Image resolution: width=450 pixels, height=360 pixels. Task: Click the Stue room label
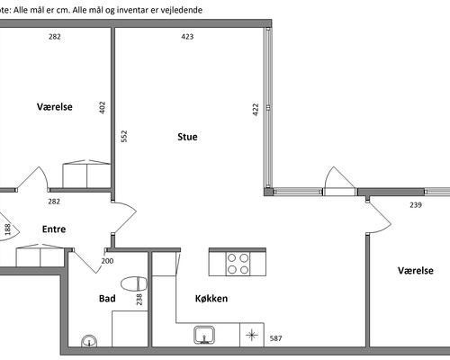pyautogui.click(x=187, y=137)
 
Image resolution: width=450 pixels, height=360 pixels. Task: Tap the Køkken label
pyautogui.click(x=211, y=299)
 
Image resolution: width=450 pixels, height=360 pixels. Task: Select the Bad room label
pyautogui.click(x=107, y=299)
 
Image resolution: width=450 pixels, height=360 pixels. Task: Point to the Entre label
pyautogui.click(x=54, y=229)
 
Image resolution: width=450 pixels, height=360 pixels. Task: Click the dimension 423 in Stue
pyautogui.click(x=187, y=37)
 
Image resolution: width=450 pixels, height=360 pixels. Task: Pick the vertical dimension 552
pyautogui.click(x=123, y=136)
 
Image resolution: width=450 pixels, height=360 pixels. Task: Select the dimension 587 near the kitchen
pyautogui.click(x=275, y=338)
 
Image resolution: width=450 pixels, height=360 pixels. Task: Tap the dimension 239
pyautogui.click(x=416, y=205)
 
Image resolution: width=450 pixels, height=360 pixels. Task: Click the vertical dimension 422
pyautogui.click(x=256, y=110)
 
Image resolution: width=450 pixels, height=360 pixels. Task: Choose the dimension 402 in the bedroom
pyautogui.click(x=103, y=107)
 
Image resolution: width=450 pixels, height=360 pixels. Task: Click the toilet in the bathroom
pyautogui.click(x=134, y=283)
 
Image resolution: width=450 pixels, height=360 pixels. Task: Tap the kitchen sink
pyautogui.click(x=204, y=335)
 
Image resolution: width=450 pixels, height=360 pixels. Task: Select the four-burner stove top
pyautogui.click(x=238, y=264)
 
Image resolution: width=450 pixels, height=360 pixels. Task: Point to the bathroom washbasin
pyautogui.click(x=89, y=341)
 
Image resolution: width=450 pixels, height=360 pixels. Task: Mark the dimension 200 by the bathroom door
pyautogui.click(x=107, y=261)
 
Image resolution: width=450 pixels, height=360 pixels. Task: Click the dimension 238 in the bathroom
pyautogui.click(x=139, y=300)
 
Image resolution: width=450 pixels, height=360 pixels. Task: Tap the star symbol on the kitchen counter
pyautogui.click(x=252, y=335)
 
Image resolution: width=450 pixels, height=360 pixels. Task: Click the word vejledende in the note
pyautogui.click(x=183, y=10)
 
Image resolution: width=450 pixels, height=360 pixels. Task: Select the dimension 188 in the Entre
pyautogui.click(x=8, y=229)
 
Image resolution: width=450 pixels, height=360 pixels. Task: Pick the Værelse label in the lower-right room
pyautogui.click(x=416, y=271)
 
